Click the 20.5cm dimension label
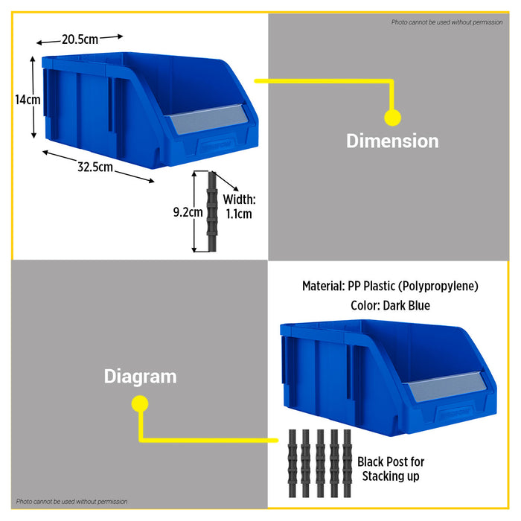(80, 39)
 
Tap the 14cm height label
(28, 100)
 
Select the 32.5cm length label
(95, 167)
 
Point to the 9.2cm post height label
(188, 212)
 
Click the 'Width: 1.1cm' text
(239, 207)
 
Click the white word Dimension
(392, 141)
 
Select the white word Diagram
(140, 377)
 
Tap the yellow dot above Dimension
(392, 118)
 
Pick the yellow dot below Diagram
(140, 403)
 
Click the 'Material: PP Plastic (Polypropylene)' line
(390, 286)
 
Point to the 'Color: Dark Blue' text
(390, 305)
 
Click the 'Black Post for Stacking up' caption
(391, 469)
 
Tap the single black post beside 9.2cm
(211, 211)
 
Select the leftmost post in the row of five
(292, 463)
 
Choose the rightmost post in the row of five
(347, 463)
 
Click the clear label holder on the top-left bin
(208, 119)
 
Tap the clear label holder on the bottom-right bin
(447, 386)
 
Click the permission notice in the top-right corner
(447, 22)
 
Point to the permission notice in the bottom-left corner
(71, 502)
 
